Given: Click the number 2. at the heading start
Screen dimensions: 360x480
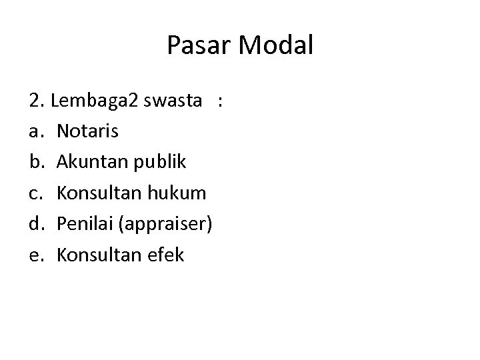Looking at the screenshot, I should click(37, 101).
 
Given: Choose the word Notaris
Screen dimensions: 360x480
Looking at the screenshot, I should click(88, 131).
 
